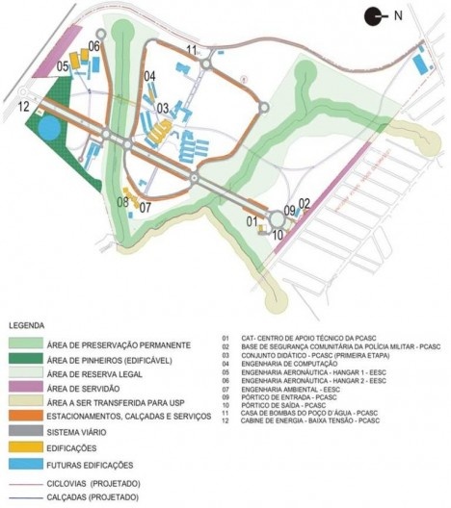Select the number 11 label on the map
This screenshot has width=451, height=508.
(193, 49)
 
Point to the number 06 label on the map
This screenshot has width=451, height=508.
(94, 45)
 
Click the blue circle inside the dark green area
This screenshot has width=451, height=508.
(47, 129)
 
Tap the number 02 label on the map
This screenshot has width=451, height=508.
(304, 202)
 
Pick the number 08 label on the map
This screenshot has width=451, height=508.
(123, 201)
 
